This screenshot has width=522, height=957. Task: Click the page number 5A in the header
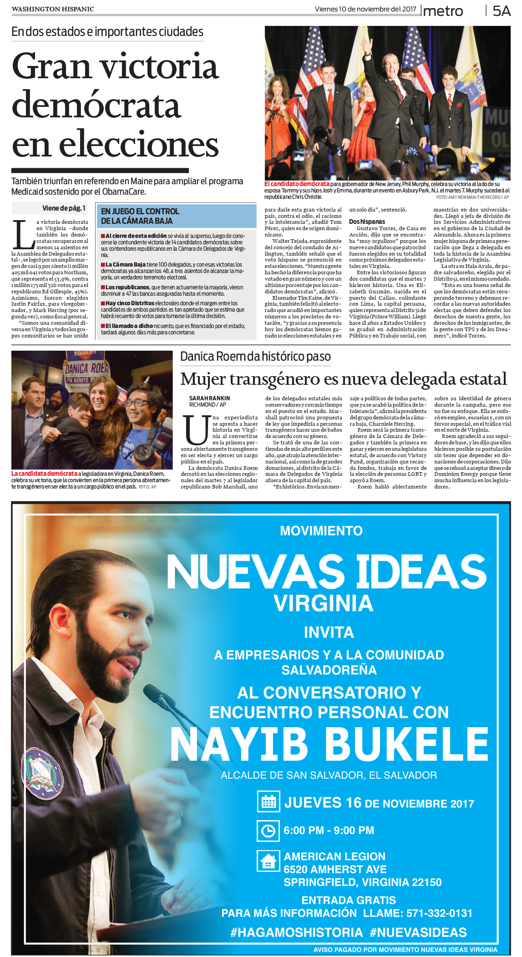point(502,11)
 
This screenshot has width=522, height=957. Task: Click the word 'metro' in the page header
point(443,11)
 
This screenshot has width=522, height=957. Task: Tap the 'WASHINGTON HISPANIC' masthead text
point(53,9)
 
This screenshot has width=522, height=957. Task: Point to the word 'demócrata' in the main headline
point(96,105)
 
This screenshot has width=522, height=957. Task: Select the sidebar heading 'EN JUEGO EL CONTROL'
point(140,212)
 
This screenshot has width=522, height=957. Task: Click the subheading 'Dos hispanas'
point(367,222)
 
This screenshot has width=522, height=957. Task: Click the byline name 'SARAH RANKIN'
point(210,398)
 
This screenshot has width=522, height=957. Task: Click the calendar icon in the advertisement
point(269,802)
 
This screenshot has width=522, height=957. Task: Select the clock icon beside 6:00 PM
point(268,831)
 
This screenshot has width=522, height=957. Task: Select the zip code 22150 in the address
point(426,882)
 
